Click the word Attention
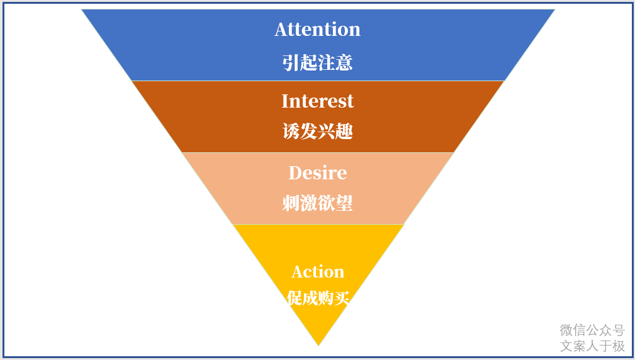[x=317, y=30]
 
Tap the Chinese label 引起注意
[x=317, y=62]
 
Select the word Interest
[x=317, y=101]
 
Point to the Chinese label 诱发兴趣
[x=317, y=132]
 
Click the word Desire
[x=317, y=172]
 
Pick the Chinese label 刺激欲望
[x=317, y=203]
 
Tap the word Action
[x=318, y=272]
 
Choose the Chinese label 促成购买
[x=318, y=298]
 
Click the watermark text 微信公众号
[x=592, y=330]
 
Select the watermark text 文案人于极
[x=592, y=346]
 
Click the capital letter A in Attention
[x=281, y=30]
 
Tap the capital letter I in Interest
[x=285, y=101]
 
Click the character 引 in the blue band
[x=291, y=62]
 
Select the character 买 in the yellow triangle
[x=342, y=298]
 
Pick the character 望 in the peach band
[x=344, y=203]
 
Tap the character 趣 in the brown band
[x=344, y=132]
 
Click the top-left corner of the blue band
[x=82, y=9]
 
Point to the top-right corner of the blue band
[x=554, y=9]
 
